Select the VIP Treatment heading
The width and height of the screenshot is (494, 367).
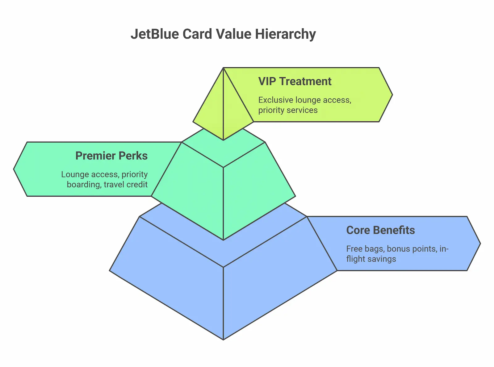point(295,81)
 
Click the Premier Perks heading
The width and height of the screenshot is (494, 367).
point(111,156)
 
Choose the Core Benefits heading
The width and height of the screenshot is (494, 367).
point(380,230)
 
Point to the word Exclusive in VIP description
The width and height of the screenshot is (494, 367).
point(276,100)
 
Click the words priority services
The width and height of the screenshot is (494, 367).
point(288,110)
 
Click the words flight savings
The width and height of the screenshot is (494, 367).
point(371,259)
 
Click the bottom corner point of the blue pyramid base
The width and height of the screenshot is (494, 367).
point(223,339)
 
